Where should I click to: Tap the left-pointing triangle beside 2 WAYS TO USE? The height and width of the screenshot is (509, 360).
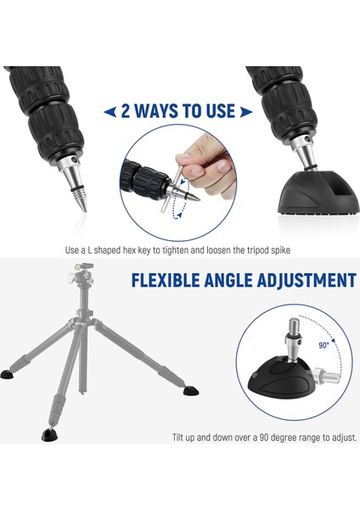[x=109, y=112]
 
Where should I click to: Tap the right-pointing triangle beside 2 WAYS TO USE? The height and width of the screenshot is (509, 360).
[x=246, y=112]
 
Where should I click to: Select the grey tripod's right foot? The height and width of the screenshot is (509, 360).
[x=192, y=392]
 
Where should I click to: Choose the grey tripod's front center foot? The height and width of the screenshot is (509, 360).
[x=50, y=433]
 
